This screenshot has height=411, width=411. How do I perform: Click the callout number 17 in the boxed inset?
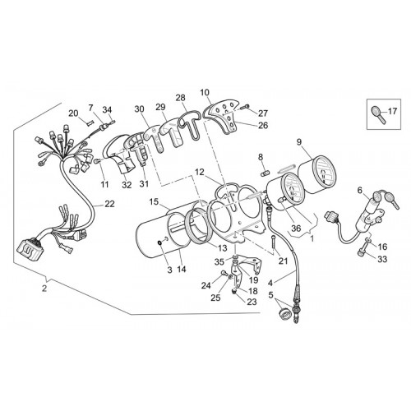392,112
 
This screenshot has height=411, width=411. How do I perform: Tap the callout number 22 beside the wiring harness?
109,204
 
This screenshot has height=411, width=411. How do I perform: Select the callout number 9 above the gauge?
299,142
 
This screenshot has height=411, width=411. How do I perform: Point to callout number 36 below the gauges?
296,228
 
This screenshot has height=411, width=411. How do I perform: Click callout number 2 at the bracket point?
44,289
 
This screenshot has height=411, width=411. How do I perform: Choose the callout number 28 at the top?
180,98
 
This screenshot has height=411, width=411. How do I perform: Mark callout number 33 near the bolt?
382,259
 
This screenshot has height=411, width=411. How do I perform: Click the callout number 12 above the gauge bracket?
200,173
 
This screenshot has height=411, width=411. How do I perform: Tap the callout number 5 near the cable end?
270,295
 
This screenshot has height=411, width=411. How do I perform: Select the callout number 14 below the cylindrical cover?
182,270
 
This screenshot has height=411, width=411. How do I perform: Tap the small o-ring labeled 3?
160,242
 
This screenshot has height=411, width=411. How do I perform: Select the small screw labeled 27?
245,107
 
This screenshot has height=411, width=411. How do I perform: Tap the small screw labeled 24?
224,273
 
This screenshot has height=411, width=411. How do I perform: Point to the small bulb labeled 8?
265,173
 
